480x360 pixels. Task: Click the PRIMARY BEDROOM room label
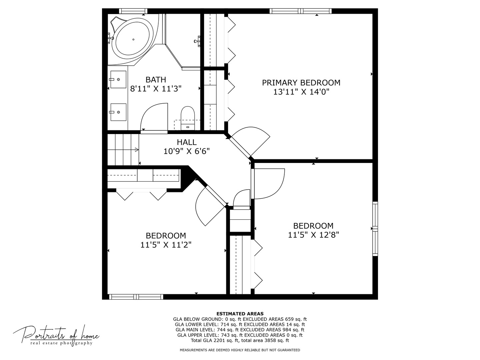[301, 83]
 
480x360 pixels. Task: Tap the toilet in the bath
[188, 118]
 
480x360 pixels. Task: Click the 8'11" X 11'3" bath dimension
[156, 89]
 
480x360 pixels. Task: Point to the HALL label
[187, 142]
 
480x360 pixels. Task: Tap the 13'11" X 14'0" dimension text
[301, 92]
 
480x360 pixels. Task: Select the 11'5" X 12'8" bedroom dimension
[313, 235]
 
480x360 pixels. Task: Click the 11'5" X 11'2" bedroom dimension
[166, 245]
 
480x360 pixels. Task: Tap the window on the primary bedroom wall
[301, 11]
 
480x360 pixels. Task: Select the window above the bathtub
[133, 11]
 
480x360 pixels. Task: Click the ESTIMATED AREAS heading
[240, 314]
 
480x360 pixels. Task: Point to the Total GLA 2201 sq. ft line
[240, 340]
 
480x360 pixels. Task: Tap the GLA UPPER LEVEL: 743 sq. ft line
[240, 335]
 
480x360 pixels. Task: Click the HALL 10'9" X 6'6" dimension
[187, 151]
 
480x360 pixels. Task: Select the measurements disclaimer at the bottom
[240, 350]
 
